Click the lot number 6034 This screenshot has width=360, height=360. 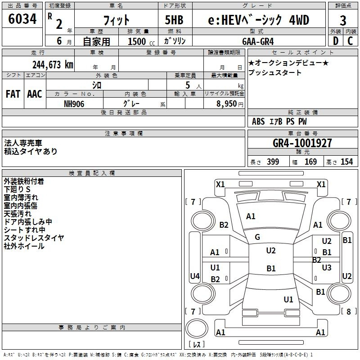[x=22, y=18]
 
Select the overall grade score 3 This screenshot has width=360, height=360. [x=343, y=21]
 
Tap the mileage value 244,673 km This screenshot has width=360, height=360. [x=53, y=65]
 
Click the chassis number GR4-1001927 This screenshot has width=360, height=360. [x=302, y=143]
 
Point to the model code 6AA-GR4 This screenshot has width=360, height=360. [x=258, y=41]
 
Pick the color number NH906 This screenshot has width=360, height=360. [x=74, y=104]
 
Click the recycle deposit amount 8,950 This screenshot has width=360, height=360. [x=226, y=103]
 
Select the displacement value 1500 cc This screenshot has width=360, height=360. [x=141, y=41]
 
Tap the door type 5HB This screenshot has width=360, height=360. [x=174, y=20]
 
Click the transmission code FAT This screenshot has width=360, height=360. [x=13, y=94]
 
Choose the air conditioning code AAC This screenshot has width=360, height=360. [x=35, y=94]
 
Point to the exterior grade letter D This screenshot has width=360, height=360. [x=336, y=41]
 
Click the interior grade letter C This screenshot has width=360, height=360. [x=350, y=41]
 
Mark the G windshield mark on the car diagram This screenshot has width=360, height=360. [x=257, y=237]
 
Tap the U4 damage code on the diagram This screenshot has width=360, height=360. [x=195, y=276]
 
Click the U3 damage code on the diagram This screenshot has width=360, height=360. [x=327, y=267]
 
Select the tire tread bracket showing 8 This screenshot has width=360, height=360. [x=348, y=311]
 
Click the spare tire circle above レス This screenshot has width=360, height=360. [x=197, y=328]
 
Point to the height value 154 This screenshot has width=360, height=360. [x=346, y=162]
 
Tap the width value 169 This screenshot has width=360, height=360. [x=310, y=162]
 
